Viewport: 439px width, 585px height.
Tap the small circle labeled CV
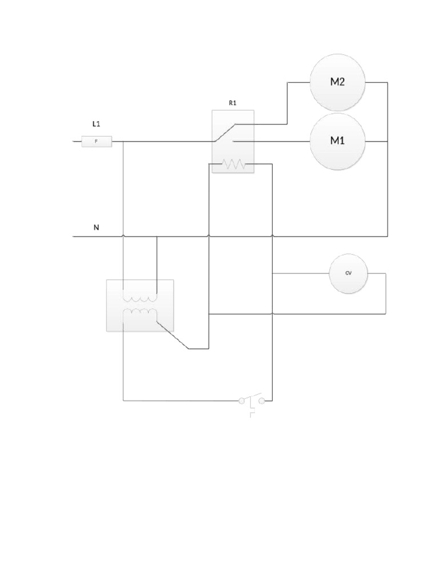[x=348, y=274]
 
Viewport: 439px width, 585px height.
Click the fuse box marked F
[x=97, y=141]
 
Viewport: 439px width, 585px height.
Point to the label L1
[x=97, y=123]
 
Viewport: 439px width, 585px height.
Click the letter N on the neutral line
[x=96, y=227]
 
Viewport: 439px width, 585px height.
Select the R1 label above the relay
[x=232, y=103]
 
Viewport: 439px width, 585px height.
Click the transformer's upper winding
[x=140, y=299]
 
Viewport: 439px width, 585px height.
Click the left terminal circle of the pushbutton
[x=242, y=401]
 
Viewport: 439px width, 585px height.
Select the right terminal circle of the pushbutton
[x=262, y=401]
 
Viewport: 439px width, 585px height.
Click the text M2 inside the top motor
[x=337, y=82]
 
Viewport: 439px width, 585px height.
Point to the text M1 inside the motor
[x=337, y=141]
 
